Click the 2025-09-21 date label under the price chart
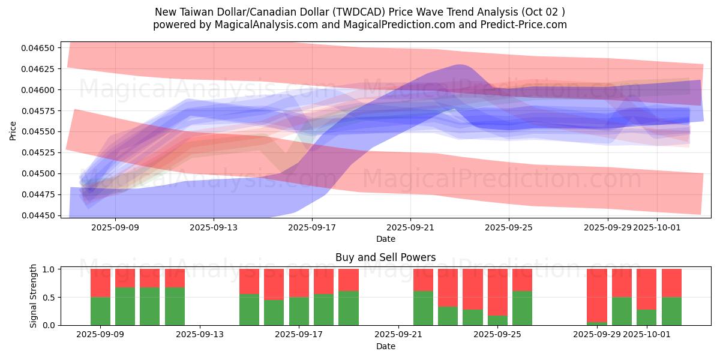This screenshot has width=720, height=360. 410,227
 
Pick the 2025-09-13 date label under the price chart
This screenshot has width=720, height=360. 214,227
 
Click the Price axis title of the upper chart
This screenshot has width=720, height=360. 13,130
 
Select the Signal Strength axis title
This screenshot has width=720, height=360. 34,296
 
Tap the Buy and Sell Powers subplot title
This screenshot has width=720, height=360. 385,257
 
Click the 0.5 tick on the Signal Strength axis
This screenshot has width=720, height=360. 51,298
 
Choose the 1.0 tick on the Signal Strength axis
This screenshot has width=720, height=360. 51,269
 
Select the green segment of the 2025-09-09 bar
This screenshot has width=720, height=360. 101,311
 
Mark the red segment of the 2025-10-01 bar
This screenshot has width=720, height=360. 647,289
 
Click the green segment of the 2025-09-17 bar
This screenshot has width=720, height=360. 299,311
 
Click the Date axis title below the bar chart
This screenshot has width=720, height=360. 385,346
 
